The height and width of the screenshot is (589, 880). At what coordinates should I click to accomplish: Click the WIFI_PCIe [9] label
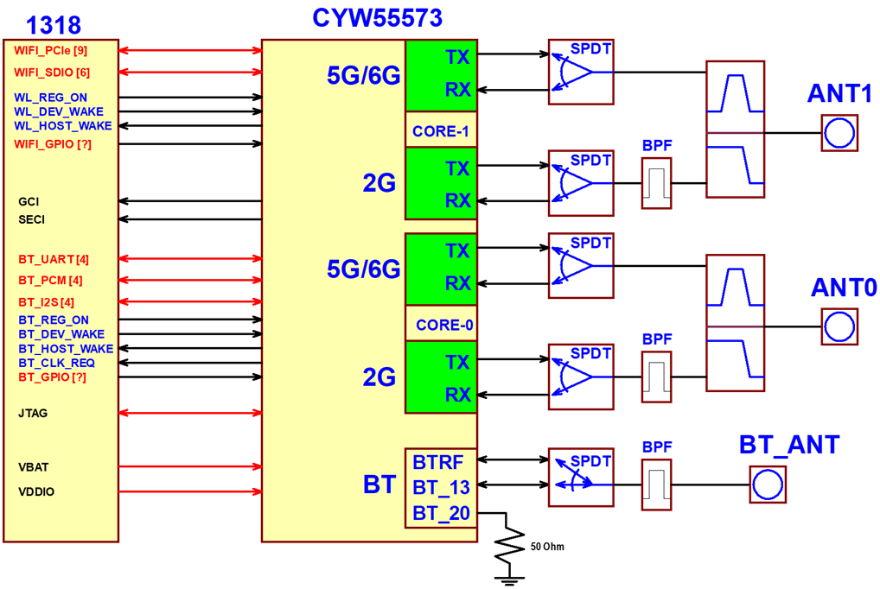[x=50, y=51]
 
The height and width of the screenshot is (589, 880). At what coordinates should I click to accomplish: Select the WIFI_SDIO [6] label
[x=52, y=73]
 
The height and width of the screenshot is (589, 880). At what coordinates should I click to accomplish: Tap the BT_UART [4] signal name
[x=54, y=259]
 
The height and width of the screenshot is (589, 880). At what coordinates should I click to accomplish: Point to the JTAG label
[x=33, y=414]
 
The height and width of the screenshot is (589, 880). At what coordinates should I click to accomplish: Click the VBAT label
[x=33, y=467]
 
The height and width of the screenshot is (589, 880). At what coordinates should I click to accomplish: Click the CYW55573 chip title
[x=377, y=17]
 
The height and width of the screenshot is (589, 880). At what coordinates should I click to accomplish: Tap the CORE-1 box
[x=441, y=130]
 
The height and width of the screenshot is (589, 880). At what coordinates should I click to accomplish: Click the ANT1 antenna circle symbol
[x=839, y=133]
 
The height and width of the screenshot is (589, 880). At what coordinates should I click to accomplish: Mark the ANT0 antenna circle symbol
[x=839, y=326]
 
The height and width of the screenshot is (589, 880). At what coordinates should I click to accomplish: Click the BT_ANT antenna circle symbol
[x=768, y=484]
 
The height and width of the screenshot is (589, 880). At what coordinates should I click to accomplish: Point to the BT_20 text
[x=441, y=514]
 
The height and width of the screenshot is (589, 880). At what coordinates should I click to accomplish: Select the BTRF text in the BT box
[x=437, y=462]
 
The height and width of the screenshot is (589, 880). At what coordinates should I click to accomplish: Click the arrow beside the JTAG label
[x=190, y=413]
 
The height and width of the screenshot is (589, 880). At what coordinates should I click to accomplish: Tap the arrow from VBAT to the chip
[x=190, y=466]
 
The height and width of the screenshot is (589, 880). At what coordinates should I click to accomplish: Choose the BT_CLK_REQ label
[x=56, y=363]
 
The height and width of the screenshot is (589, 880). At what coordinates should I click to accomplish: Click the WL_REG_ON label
[x=50, y=98]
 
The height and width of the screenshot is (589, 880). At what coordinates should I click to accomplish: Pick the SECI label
[x=31, y=219]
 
